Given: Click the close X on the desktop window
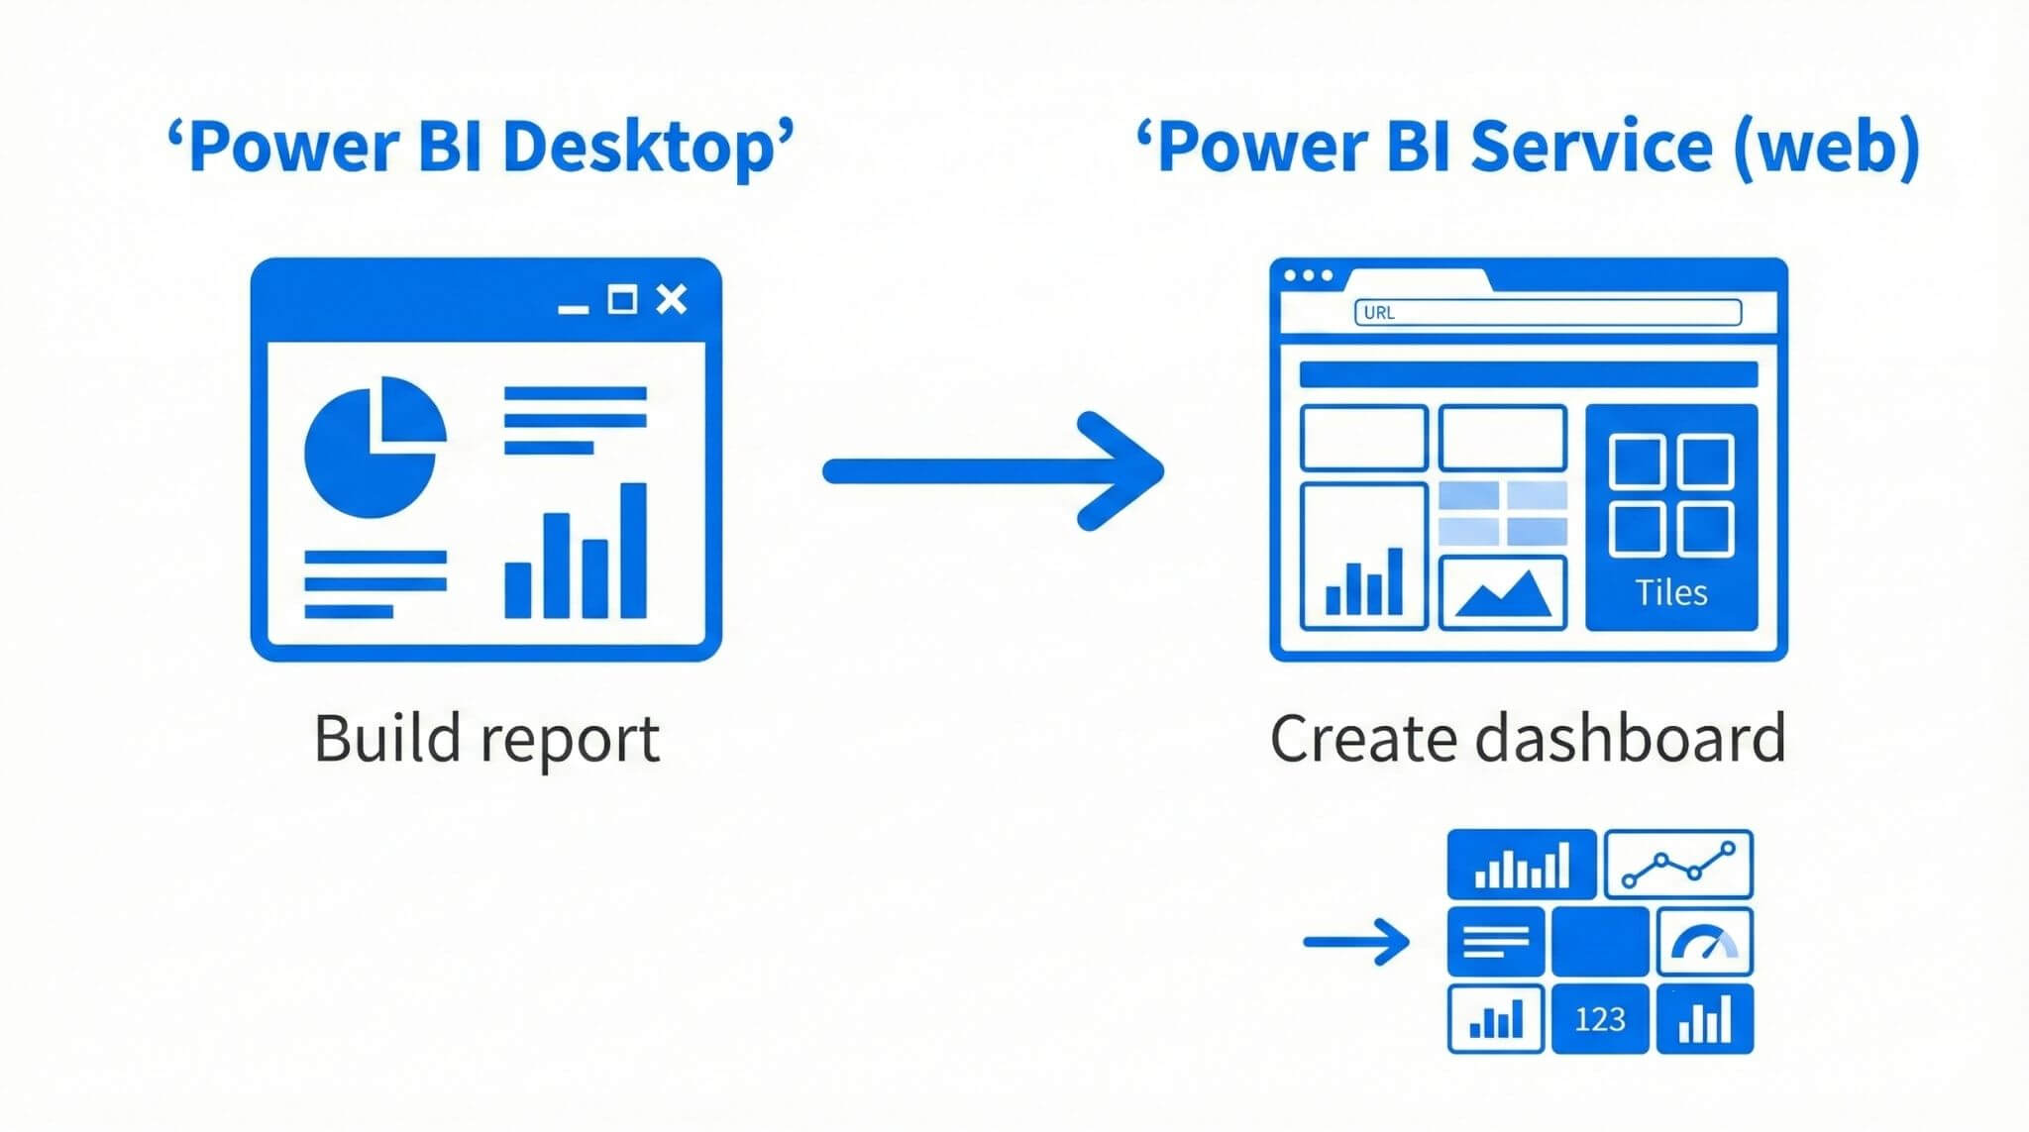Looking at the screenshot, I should coord(672,299).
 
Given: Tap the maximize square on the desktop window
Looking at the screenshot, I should coord(622,299).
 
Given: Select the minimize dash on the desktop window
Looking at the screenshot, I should coord(573,309).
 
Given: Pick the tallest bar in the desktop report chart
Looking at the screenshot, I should coord(633,550).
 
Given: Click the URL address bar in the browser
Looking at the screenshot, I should coord(1548,313).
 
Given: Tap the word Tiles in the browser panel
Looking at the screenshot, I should coord(1671,592).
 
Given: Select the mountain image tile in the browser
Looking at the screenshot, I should coord(1502,592).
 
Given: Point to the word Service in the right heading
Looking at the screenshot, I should coord(1591,147).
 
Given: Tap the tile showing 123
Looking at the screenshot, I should coord(1600,1019).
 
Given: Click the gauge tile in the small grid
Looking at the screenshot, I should coord(1704,942).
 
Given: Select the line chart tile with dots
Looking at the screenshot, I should coord(1678,864).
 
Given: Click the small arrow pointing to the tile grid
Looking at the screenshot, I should coord(1355,942).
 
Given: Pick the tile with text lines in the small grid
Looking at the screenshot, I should coord(1496,942).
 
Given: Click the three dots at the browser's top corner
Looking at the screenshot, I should coord(1308,275).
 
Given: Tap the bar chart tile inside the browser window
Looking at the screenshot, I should coord(1363,557).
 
